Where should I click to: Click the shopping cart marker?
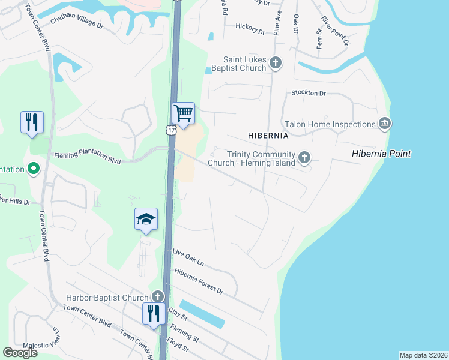[183, 113]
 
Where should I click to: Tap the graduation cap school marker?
[146, 220]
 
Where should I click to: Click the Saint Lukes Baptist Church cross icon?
[276, 62]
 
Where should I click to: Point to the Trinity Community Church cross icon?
[304, 158]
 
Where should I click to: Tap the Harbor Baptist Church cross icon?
[158, 296]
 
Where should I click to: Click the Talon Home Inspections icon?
[385, 124]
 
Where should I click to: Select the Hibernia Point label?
[381, 154]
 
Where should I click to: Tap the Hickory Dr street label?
[250, 28]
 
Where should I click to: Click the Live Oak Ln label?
[188, 258]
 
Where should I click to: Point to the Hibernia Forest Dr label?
[199, 281]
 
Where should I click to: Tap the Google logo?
[20, 353]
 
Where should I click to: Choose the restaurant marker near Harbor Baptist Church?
[154, 314]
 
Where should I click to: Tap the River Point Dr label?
[334, 31]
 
